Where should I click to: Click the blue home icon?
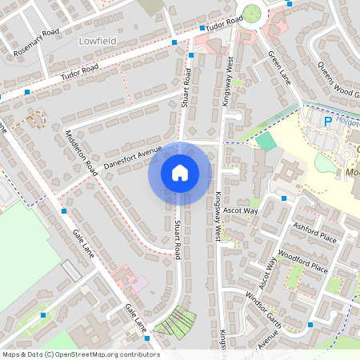[x=180, y=173]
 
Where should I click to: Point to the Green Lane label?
[x=279, y=68]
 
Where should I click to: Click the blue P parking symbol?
[x=326, y=122]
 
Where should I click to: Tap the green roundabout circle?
[x=254, y=14]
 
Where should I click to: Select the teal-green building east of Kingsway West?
[x=265, y=142]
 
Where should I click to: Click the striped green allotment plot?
[x=175, y=322]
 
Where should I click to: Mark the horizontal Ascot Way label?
[x=241, y=210]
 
